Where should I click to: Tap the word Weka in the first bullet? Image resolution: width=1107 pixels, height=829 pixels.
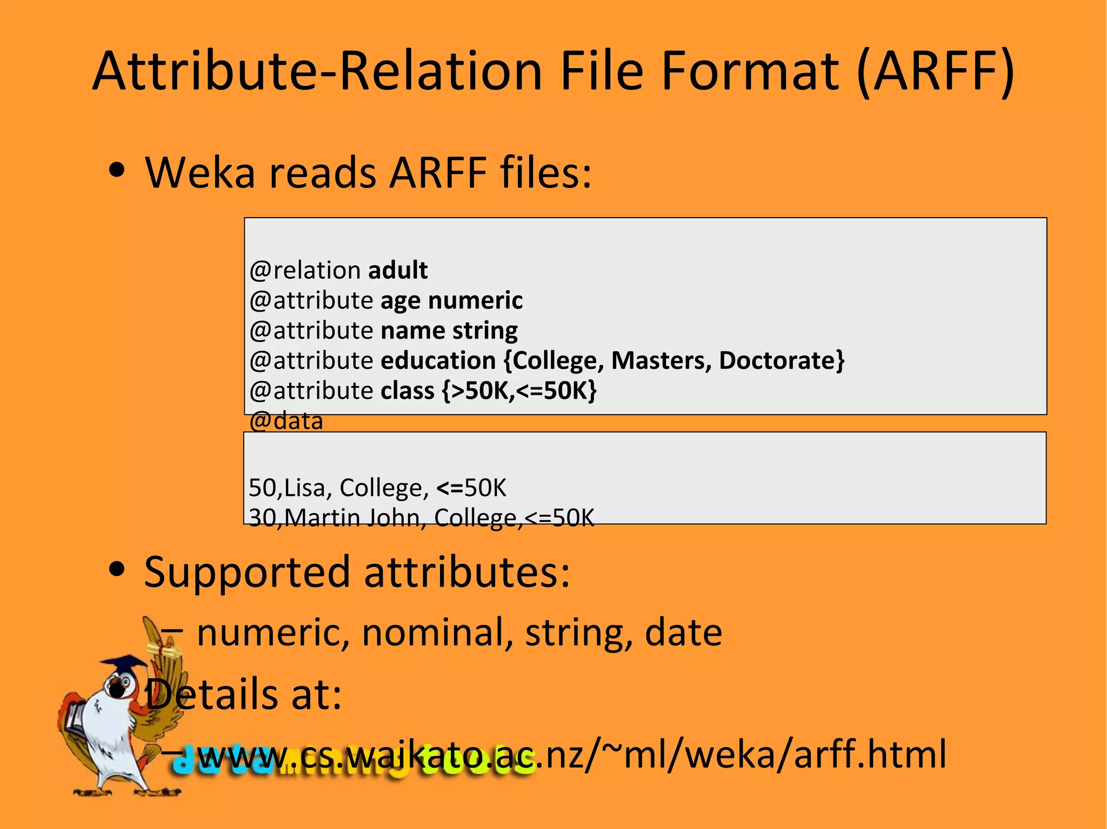pos(199,173)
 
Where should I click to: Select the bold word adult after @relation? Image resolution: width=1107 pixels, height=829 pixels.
pos(398,270)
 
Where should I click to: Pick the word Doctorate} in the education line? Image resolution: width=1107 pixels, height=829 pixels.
pos(782,360)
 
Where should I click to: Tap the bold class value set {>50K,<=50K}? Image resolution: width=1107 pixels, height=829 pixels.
pos(519,390)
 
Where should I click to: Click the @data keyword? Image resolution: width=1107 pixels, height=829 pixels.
pos(286,421)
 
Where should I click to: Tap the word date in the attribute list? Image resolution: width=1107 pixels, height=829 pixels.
pos(683,632)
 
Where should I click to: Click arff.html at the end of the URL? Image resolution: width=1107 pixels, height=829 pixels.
pos(870,754)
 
